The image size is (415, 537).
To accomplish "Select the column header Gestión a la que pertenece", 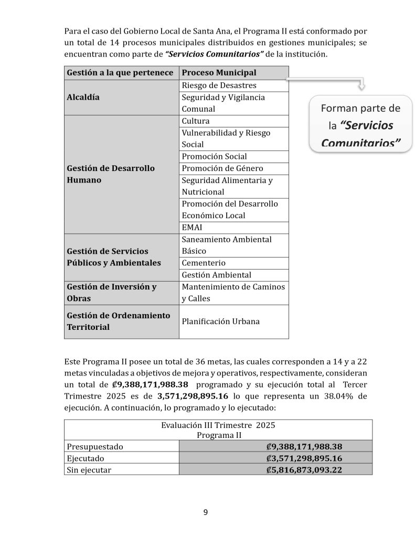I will (x=120, y=72).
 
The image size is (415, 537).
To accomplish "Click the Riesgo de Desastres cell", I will (x=219, y=85).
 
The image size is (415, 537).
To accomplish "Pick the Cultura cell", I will (x=196, y=121).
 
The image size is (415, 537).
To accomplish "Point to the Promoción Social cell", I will (x=214, y=156).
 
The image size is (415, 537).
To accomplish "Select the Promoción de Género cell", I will (x=222, y=168).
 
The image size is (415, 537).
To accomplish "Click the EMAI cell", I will (x=191, y=228).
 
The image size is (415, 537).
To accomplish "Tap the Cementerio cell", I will (x=204, y=263).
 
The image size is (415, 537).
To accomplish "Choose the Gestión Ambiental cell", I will (x=216, y=275).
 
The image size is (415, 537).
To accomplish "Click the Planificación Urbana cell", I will (x=220, y=321).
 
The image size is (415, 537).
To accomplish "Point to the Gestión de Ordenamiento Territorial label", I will (x=119, y=321).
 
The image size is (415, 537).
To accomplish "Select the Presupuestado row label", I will (x=94, y=446).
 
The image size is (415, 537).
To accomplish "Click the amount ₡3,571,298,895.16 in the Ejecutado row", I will (x=304, y=458).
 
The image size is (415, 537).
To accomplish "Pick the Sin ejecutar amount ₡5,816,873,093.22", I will (x=304, y=470).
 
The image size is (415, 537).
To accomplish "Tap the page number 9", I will (x=206, y=512).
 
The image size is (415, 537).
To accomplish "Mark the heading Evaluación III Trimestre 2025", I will (x=218, y=425).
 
